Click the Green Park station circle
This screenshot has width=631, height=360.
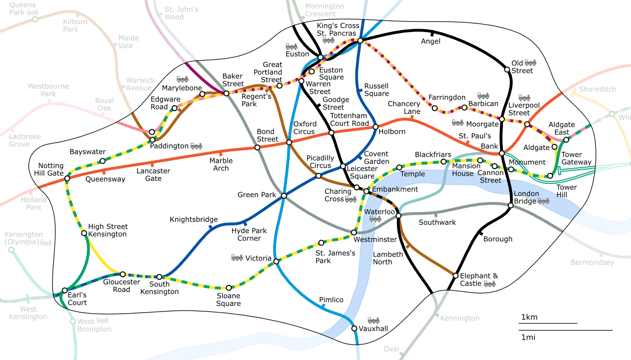pyautogui.click(x=284, y=196)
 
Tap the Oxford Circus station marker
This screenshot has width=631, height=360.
pyautogui.click(x=289, y=142)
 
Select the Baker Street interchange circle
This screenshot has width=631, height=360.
pyautogui.click(x=227, y=93)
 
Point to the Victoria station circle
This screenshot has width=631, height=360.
pyautogui.click(x=276, y=261)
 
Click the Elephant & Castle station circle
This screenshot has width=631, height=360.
pyautogui.click(x=456, y=275)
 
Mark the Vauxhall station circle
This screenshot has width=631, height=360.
pyautogui.click(x=354, y=328)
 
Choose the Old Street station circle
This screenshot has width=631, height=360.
pyautogui.click(x=507, y=70)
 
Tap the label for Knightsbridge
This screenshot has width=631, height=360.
pyautogui.click(x=193, y=219)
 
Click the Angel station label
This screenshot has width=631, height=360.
pyautogui.click(x=430, y=41)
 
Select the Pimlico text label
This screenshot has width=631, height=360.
pyautogui.click(x=331, y=300)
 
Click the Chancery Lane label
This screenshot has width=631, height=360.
pyautogui.click(x=404, y=108)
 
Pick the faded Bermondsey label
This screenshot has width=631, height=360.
pyautogui.click(x=592, y=262)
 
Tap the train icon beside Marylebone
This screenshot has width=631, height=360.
pyautogui.click(x=182, y=79)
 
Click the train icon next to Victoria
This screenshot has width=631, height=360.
pyautogui.click(x=237, y=257)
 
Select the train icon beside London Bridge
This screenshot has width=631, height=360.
pyautogui.click(x=544, y=201)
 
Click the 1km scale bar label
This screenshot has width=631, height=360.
pyautogui.click(x=529, y=317)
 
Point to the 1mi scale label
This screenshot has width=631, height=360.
pyautogui.click(x=528, y=337)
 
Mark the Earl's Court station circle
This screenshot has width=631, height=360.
pyautogui.click(x=65, y=290)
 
